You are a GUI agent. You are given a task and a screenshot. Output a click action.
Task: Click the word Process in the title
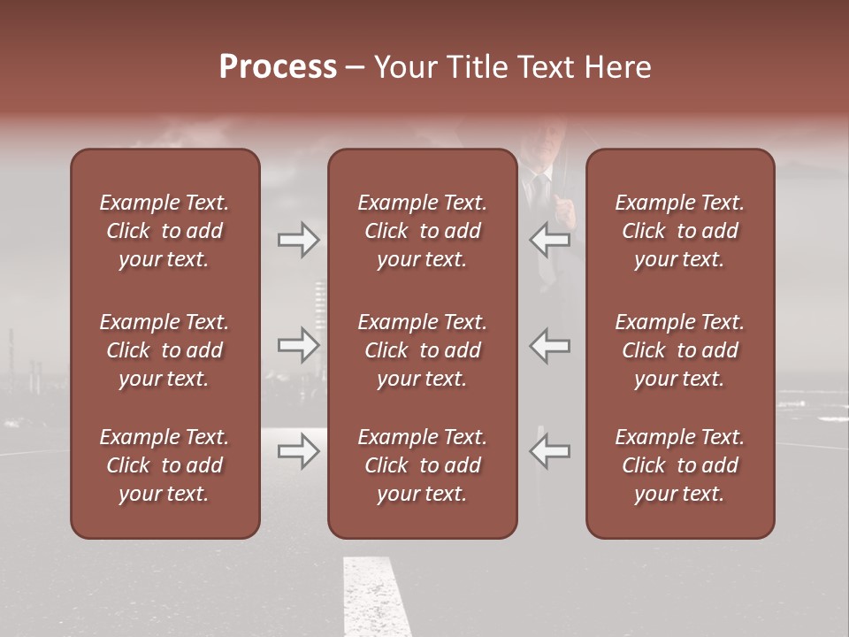pyautogui.click(x=278, y=67)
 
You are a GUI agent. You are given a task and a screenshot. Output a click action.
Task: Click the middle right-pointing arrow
pyautogui.click(x=299, y=345)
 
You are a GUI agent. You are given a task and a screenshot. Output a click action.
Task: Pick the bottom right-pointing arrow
pyautogui.click(x=299, y=451)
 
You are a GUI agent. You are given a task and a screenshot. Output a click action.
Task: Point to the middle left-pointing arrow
pyautogui.click(x=550, y=345)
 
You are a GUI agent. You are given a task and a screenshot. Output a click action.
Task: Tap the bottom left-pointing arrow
pyautogui.click(x=550, y=451)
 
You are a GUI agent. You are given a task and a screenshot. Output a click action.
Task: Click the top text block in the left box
pyautogui.click(x=164, y=231)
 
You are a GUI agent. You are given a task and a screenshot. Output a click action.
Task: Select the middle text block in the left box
pyautogui.click(x=164, y=350)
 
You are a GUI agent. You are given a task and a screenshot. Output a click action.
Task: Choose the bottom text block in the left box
pyautogui.click(x=164, y=465)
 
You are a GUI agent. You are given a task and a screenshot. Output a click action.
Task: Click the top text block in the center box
pyautogui.click(x=422, y=231)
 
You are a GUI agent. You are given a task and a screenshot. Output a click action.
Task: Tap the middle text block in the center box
pyautogui.click(x=422, y=350)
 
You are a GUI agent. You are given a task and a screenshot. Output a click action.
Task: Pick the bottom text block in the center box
pyautogui.click(x=422, y=465)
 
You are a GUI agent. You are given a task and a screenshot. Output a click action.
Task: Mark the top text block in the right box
pyautogui.click(x=679, y=231)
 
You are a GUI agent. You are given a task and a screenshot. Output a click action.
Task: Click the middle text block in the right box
pyautogui.click(x=679, y=350)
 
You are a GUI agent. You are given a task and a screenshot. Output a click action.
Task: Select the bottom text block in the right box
pyautogui.click(x=679, y=465)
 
